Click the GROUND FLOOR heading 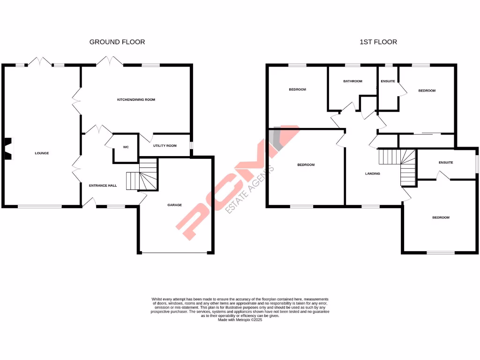pyautogui.click(x=117, y=42)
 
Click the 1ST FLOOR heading pyautogui.click(x=378, y=42)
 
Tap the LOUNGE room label pyautogui.click(x=42, y=153)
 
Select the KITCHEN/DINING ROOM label pyautogui.click(x=136, y=100)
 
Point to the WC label pyautogui.click(x=126, y=147)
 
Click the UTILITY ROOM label pyautogui.click(x=165, y=146)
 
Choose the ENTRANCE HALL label pyautogui.click(x=103, y=186)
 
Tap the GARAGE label pyautogui.click(x=175, y=205)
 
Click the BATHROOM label pyautogui.click(x=352, y=81)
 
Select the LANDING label pyautogui.click(x=373, y=174)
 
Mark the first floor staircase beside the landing pyautogui.click(x=398, y=166)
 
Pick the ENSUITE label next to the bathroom pyautogui.click(x=388, y=81)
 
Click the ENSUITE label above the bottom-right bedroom pyautogui.click(x=446, y=163)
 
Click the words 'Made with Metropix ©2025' pyautogui.click(x=240, y=320)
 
